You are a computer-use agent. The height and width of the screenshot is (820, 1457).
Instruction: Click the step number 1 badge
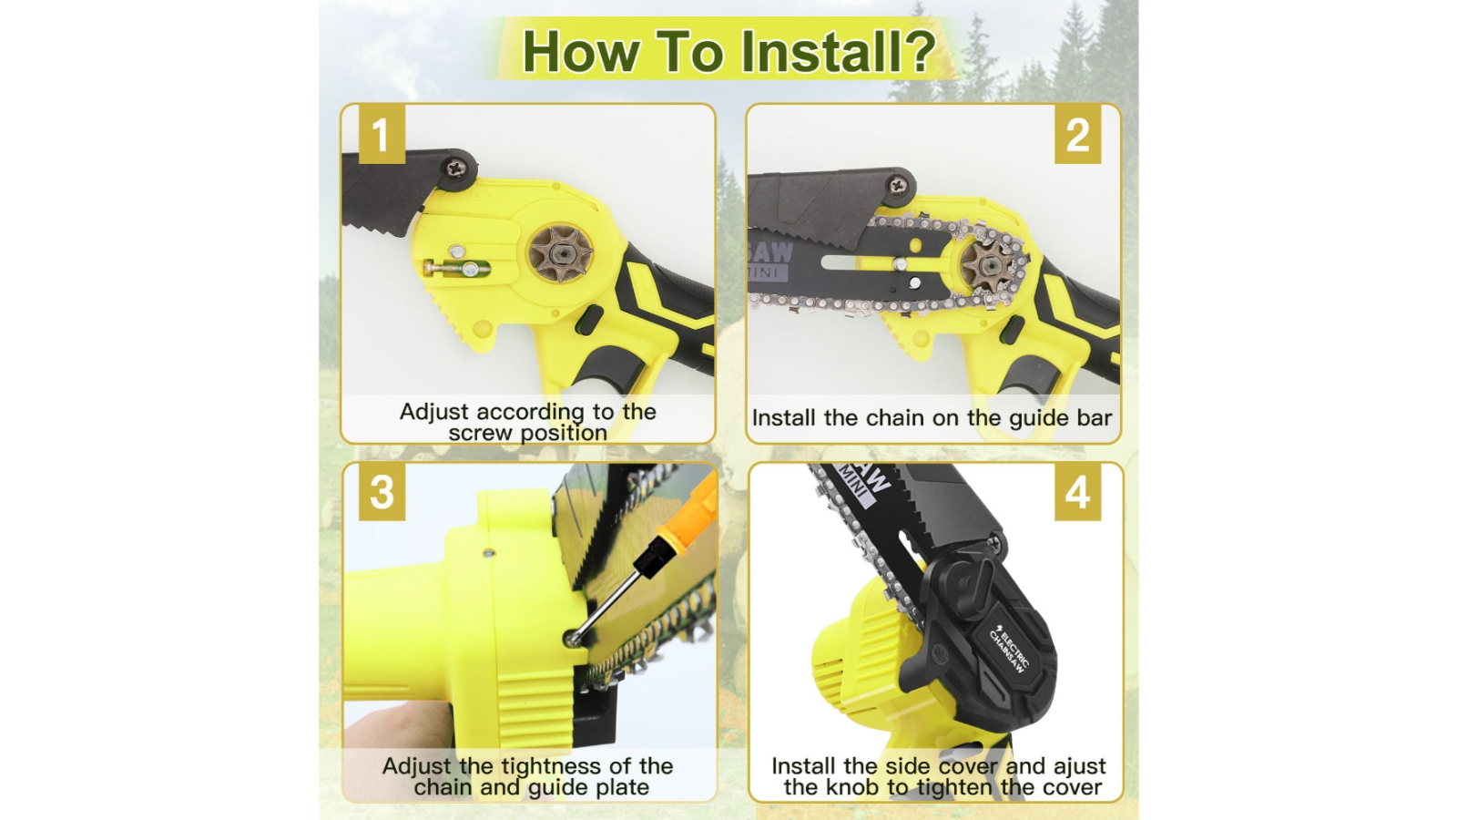[x=382, y=135]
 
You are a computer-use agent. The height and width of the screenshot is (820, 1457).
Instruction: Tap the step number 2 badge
[x=1077, y=135]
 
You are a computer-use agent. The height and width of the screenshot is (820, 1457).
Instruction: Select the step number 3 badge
[x=382, y=492]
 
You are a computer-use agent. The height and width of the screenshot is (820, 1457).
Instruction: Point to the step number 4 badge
[x=1077, y=493]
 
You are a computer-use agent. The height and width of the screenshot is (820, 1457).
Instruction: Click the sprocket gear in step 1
[x=561, y=253]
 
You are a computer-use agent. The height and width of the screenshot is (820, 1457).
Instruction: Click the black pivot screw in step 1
[x=455, y=168]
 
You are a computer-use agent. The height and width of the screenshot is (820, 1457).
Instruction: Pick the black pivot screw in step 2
[x=898, y=185]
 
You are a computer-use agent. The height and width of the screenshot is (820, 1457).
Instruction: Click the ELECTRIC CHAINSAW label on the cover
[x=1008, y=648]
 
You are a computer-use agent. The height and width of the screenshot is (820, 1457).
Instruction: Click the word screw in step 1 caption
[x=480, y=434]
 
